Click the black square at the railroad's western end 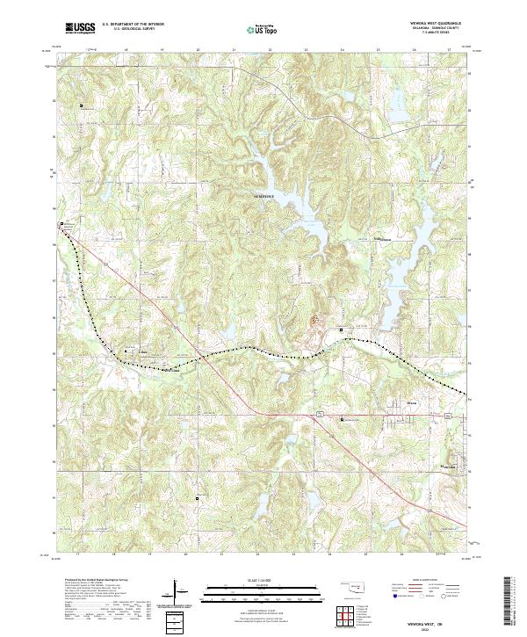click(61, 225)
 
